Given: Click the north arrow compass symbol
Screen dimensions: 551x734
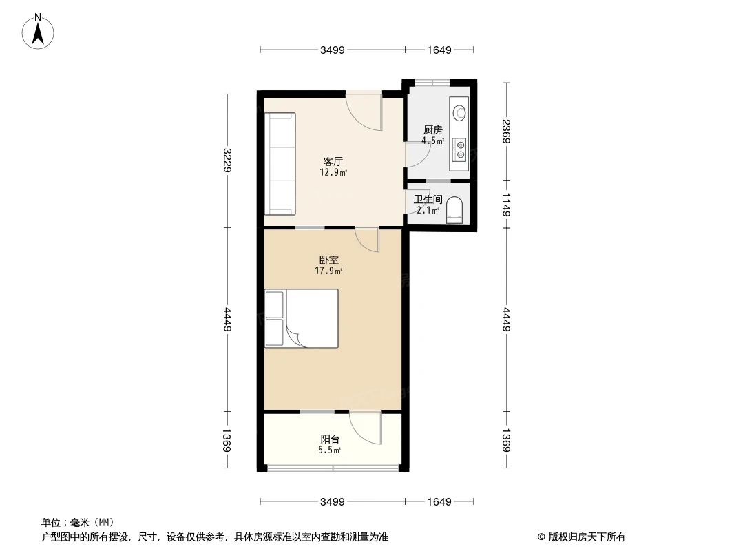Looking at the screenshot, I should click(x=39, y=30).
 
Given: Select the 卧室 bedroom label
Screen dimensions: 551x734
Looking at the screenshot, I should click(x=328, y=260).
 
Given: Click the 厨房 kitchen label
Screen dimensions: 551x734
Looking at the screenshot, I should click(x=432, y=129).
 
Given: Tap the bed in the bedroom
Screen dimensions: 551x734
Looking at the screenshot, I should click(x=302, y=318).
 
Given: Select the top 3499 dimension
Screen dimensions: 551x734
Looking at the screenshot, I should click(x=332, y=50).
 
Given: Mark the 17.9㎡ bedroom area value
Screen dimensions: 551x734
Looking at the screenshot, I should click(x=328, y=271).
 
